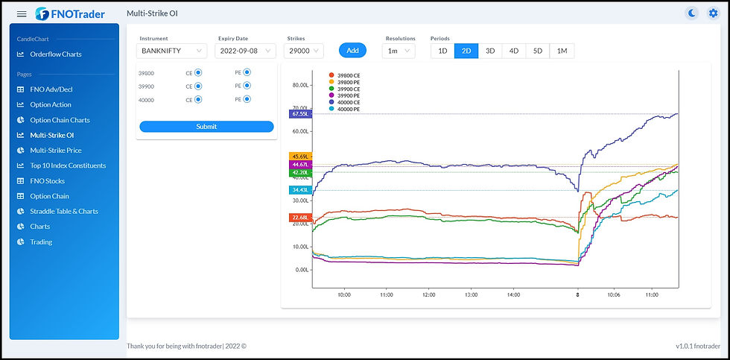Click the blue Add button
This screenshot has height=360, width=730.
click(352, 51)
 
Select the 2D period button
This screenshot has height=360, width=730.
click(466, 51)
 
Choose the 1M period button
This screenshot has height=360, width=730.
click(562, 51)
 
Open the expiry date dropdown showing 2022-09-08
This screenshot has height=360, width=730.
click(245, 51)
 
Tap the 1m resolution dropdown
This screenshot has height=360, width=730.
click(399, 51)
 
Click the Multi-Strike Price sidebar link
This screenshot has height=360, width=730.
click(55, 151)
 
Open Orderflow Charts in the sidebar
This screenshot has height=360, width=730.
click(56, 54)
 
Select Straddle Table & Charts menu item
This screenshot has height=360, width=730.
click(64, 212)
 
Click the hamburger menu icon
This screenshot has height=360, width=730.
click(22, 14)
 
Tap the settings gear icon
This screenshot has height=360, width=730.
click(713, 13)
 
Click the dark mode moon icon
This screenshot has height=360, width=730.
click(692, 13)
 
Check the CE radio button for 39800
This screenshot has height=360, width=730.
click(199, 73)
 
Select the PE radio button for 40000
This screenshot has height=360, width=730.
click(247, 99)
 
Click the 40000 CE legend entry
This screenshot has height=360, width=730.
click(348, 103)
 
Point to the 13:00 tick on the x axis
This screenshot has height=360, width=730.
click(471, 295)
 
